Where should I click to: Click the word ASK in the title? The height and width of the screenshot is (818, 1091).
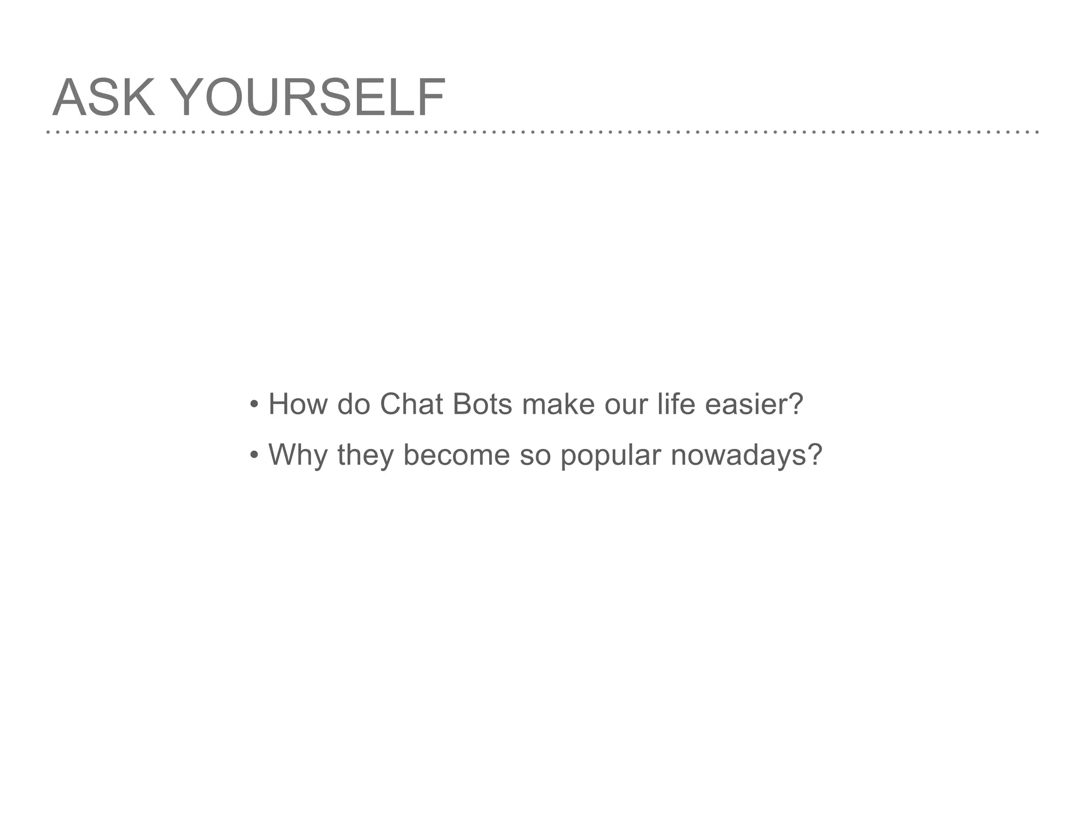tap(103, 97)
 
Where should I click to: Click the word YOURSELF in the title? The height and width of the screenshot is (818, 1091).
tap(308, 97)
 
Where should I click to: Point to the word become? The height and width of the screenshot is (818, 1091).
tap(457, 455)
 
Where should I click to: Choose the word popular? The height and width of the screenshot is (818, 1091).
tap(610, 456)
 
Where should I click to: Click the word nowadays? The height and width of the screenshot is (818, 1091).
tap(738, 456)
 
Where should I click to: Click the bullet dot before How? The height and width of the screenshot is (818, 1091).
tap(254, 405)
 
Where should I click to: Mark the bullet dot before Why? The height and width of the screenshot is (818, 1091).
tap(254, 456)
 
